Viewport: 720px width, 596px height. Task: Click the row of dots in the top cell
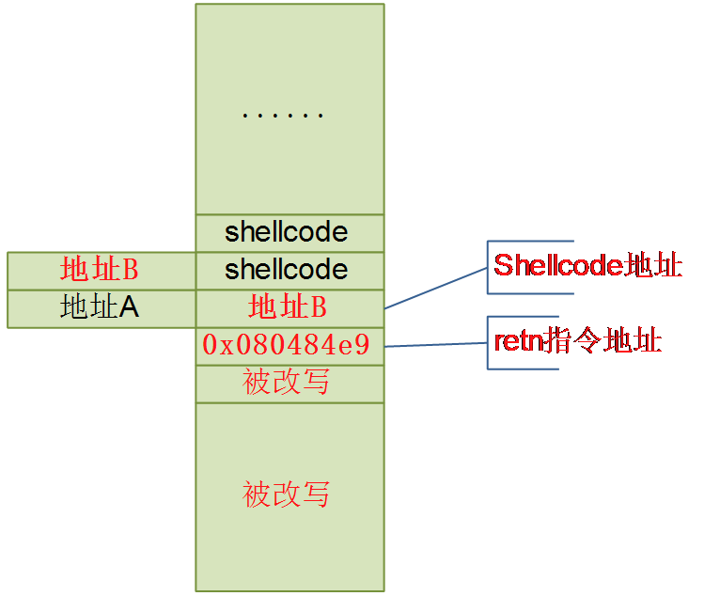point(283,116)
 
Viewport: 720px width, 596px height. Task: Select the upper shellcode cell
point(287,232)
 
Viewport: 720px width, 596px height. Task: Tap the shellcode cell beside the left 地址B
point(287,270)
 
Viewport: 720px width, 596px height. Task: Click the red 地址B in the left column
point(99,270)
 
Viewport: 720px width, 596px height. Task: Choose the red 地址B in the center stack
point(287,307)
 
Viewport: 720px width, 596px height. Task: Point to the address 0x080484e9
point(287,345)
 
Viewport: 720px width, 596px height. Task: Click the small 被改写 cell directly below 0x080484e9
point(287,383)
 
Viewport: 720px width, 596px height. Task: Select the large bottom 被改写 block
point(287,494)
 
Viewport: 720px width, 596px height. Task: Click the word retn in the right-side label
point(519,340)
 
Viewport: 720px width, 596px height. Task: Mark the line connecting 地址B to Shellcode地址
point(436,288)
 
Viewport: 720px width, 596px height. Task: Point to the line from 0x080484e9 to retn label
point(436,345)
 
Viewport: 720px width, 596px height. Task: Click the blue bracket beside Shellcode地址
point(489,267)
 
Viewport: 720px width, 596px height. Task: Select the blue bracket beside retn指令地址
point(489,342)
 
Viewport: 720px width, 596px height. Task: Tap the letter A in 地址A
point(130,307)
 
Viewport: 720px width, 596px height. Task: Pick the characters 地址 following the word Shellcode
point(654,266)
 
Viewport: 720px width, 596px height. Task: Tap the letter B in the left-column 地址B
point(130,270)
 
